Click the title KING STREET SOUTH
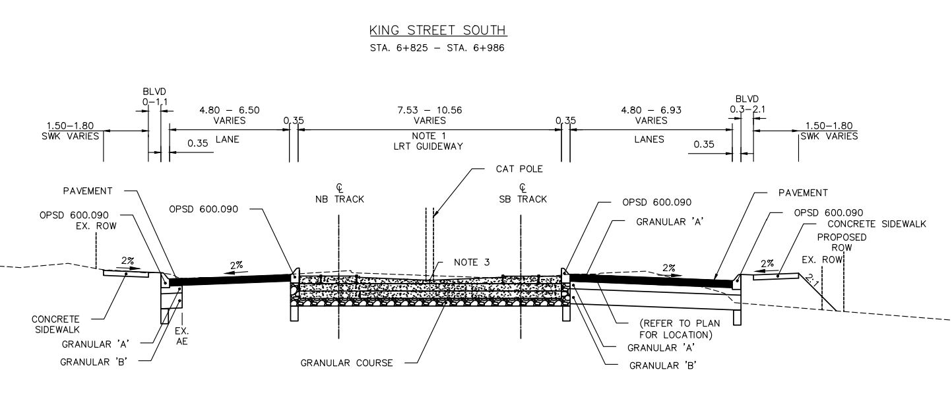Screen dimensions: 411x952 (437, 30)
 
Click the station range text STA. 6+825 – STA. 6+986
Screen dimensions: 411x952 (437, 48)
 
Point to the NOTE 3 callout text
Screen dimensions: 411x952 (472, 263)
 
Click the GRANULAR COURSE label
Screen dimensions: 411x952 (346, 363)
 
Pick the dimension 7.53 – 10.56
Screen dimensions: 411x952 (429, 110)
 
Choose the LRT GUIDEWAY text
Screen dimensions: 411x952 (429, 146)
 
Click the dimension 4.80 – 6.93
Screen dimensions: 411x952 (651, 110)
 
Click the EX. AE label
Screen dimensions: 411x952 (181, 336)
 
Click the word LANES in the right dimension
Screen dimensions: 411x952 (649, 139)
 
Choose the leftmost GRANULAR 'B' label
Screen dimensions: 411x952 (93, 362)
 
